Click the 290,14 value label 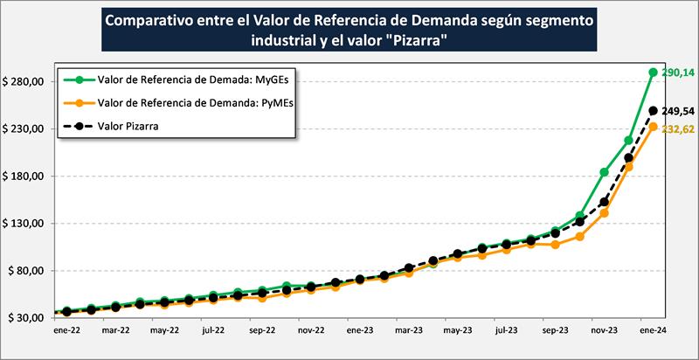[x=676, y=73]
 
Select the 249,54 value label [x=676, y=112]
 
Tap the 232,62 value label [x=676, y=128]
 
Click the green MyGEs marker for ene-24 [x=653, y=73]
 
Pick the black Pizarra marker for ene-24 [x=653, y=110]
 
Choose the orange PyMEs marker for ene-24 [x=653, y=127]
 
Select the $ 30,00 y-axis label [x=26, y=317]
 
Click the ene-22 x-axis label [x=67, y=332]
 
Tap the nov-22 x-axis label [x=312, y=332]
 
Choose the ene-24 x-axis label [x=653, y=332]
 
